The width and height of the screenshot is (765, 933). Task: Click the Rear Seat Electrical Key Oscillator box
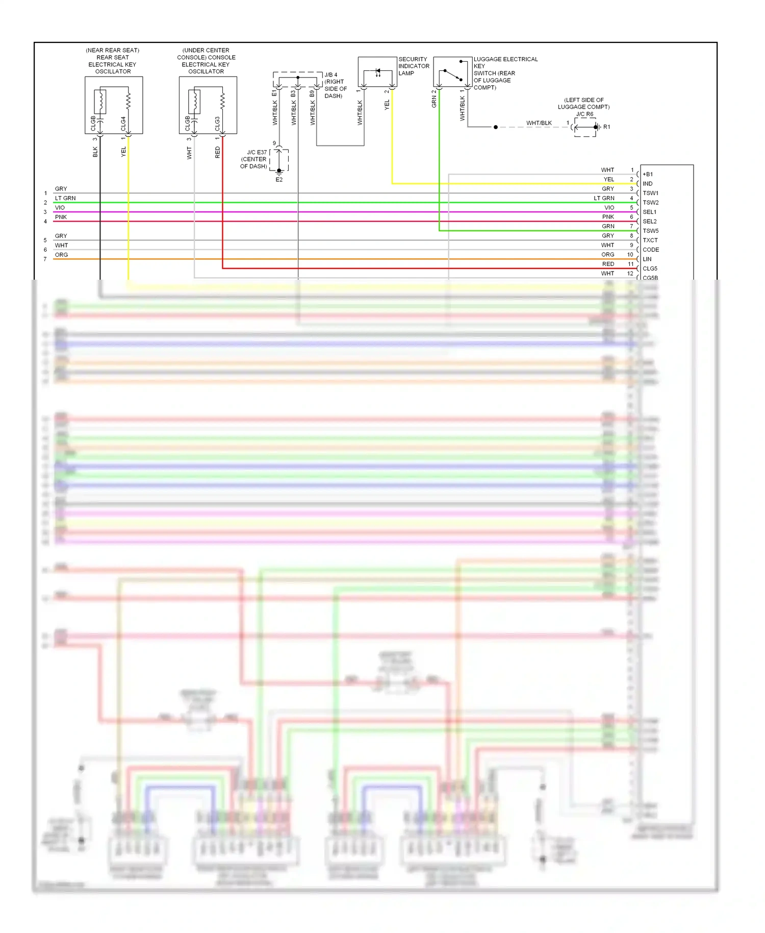point(114,105)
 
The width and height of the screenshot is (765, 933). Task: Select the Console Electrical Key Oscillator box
point(208,105)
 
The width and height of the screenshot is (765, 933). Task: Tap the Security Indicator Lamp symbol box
point(377,72)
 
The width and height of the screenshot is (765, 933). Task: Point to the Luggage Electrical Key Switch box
point(452,72)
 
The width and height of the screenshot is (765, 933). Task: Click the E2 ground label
point(279,180)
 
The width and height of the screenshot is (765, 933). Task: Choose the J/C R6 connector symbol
point(585,127)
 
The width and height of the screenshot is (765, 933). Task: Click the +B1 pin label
point(648,175)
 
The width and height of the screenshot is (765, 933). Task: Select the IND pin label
point(648,184)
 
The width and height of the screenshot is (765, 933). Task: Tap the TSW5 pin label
point(650,231)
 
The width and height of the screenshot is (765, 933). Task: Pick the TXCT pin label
point(650,240)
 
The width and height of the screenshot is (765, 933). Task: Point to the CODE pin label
point(651,250)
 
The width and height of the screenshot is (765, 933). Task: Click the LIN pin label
point(647,259)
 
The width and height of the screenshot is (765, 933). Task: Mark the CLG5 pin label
point(650,268)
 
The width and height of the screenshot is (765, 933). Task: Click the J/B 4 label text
point(331,75)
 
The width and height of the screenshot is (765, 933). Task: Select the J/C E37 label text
point(257,153)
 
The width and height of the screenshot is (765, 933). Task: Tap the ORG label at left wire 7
point(61,255)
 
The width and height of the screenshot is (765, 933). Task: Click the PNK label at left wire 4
point(61,217)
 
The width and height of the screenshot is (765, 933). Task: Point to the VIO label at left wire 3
point(60,208)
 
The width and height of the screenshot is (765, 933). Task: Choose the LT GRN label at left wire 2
point(65,198)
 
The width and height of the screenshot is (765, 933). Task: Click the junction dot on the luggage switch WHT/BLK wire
point(496,127)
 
